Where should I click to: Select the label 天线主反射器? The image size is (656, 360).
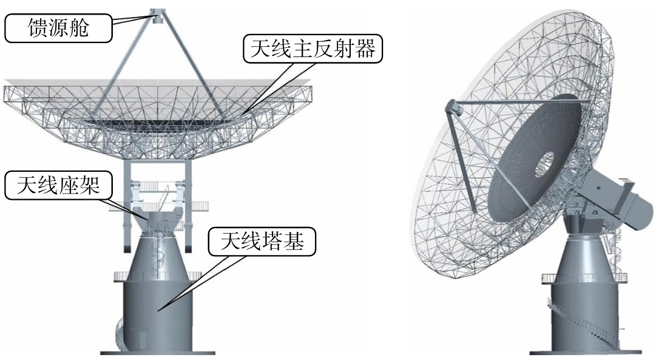coord(313,49)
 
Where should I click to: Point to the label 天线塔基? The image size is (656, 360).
coord(263,242)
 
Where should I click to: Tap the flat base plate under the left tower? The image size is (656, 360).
coord(158,352)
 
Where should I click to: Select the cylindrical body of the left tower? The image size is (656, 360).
coord(158,310)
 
